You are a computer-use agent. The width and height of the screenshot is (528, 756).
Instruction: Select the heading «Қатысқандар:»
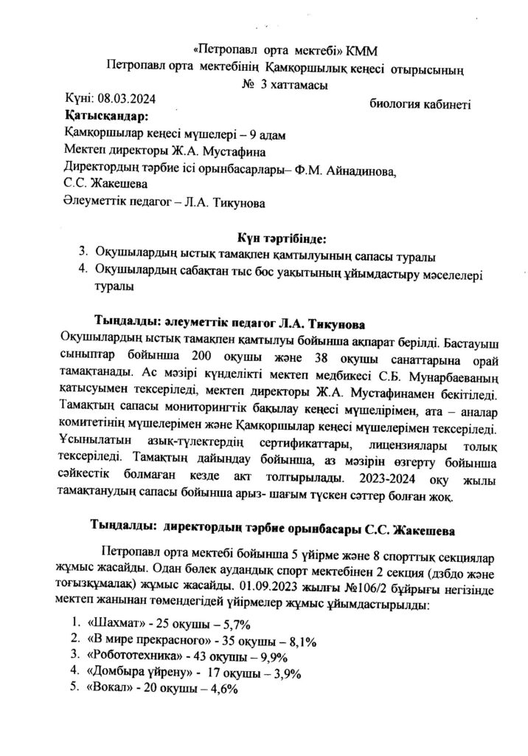pyautogui.click(x=106, y=116)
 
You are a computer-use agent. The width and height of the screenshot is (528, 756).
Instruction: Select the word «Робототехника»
pyautogui.click(x=133, y=656)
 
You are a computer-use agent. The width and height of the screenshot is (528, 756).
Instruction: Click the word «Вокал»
pyautogui.click(x=109, y=688)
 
